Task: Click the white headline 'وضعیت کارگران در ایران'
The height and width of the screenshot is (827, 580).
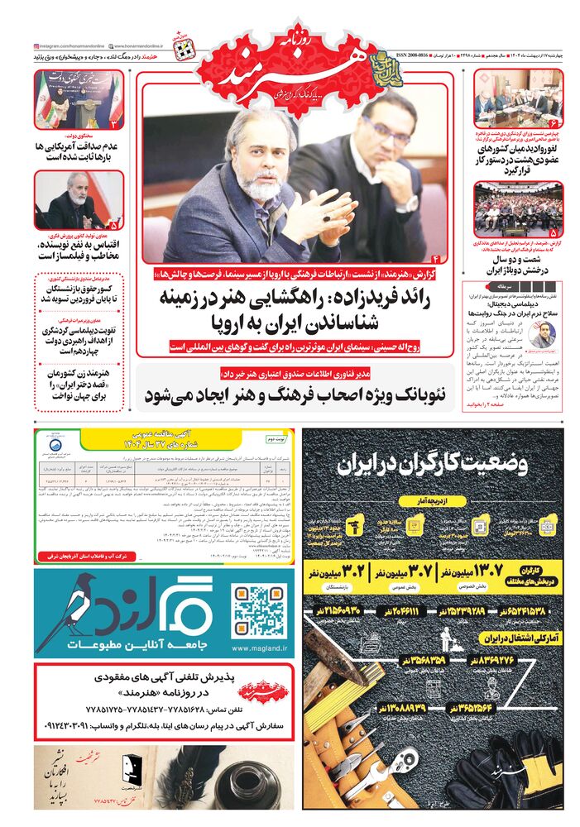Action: (433, 464)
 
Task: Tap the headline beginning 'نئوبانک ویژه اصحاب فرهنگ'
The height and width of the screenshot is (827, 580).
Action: (296, 394)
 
